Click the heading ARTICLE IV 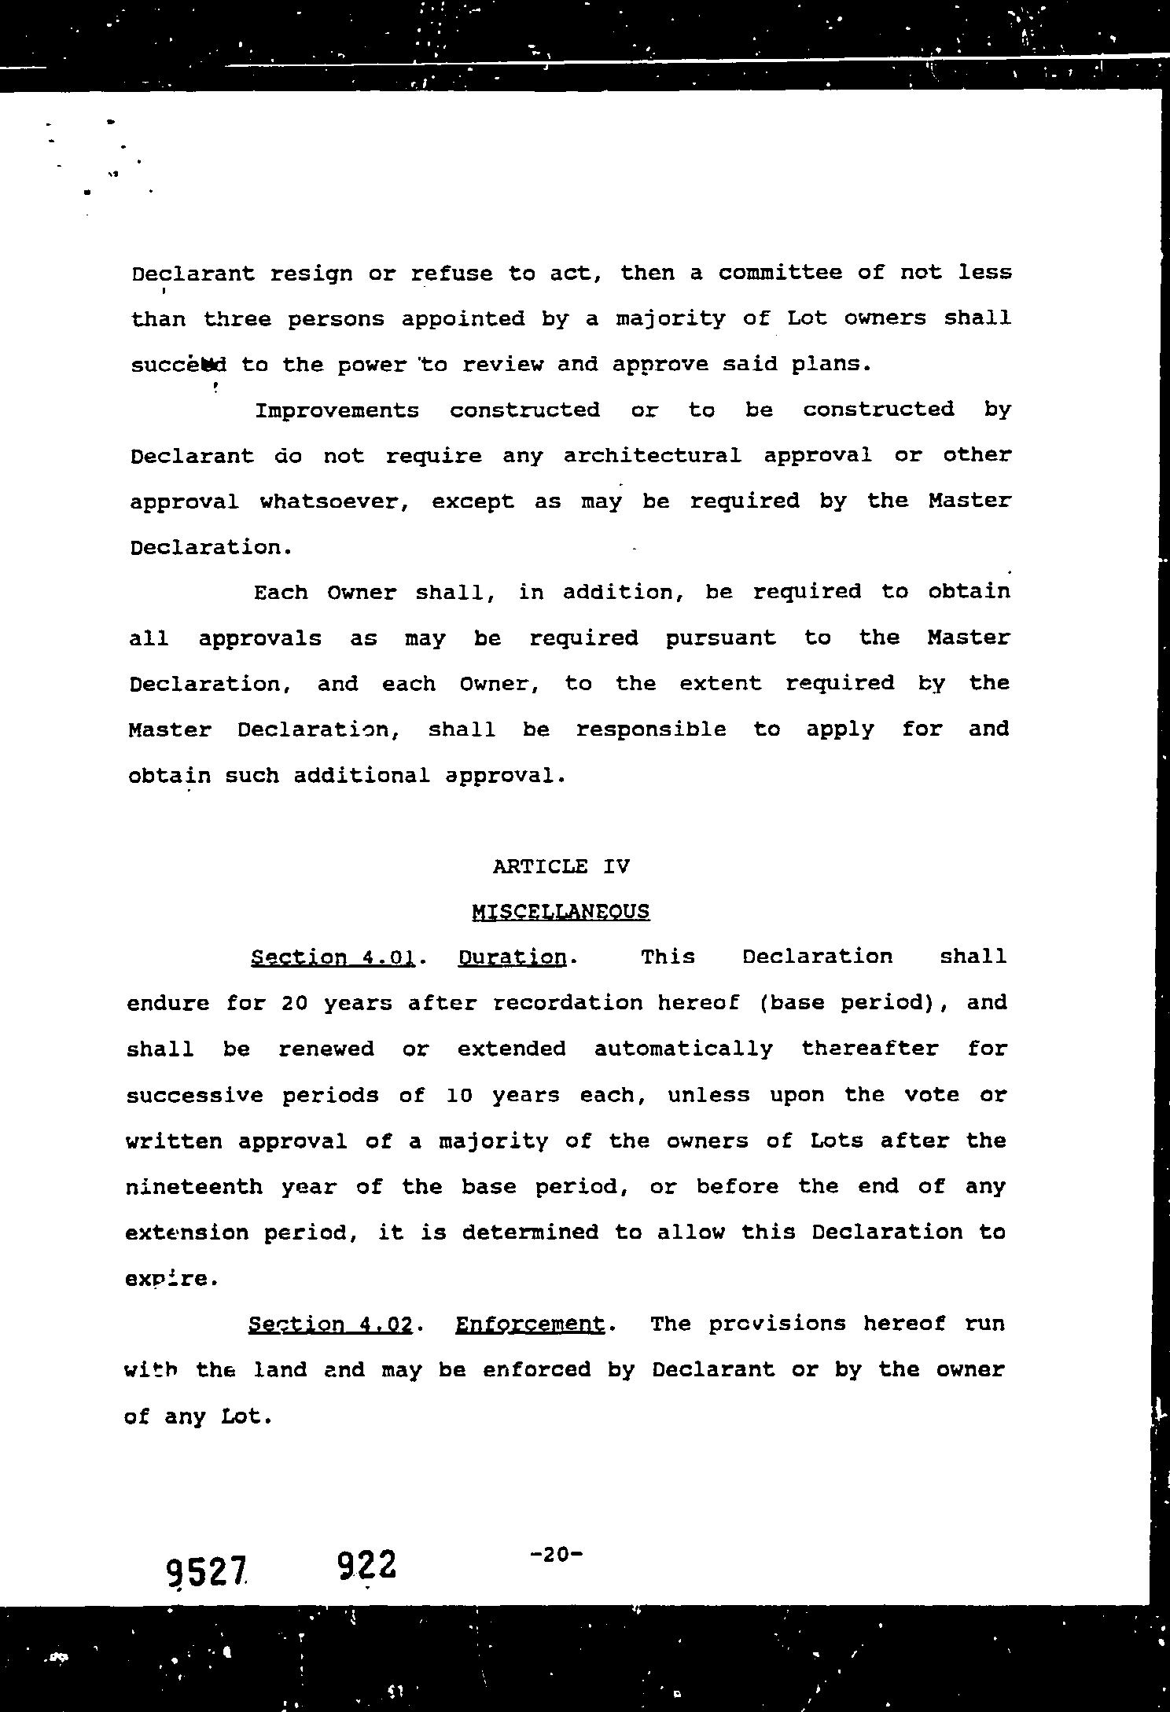[561, 866]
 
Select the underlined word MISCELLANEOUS [561, 912]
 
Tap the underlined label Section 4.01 [333, 957]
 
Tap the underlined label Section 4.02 [330, 1324]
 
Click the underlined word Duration [512, 957]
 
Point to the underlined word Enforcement [530, 1324]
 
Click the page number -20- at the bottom [556, 1553]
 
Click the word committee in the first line [779, 273]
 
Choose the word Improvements [337, 410]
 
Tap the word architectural [652, 456]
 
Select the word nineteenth [193, 1186]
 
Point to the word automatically [683, 1049]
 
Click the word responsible [650, 729]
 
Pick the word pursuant [720, 637]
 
